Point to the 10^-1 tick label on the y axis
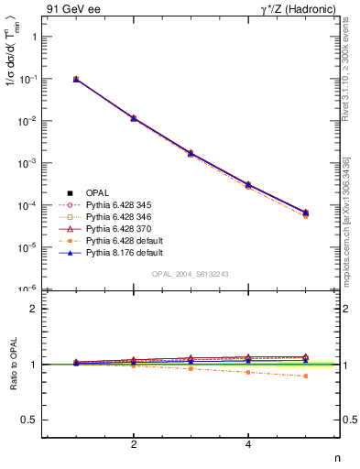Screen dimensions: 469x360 pos(29,79)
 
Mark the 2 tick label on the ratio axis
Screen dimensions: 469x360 pos(33,309)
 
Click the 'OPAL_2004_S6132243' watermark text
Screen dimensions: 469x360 pos(191,274)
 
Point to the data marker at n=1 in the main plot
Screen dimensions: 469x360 pos(76,80)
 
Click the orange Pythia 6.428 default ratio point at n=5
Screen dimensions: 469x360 pos(306,376)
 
